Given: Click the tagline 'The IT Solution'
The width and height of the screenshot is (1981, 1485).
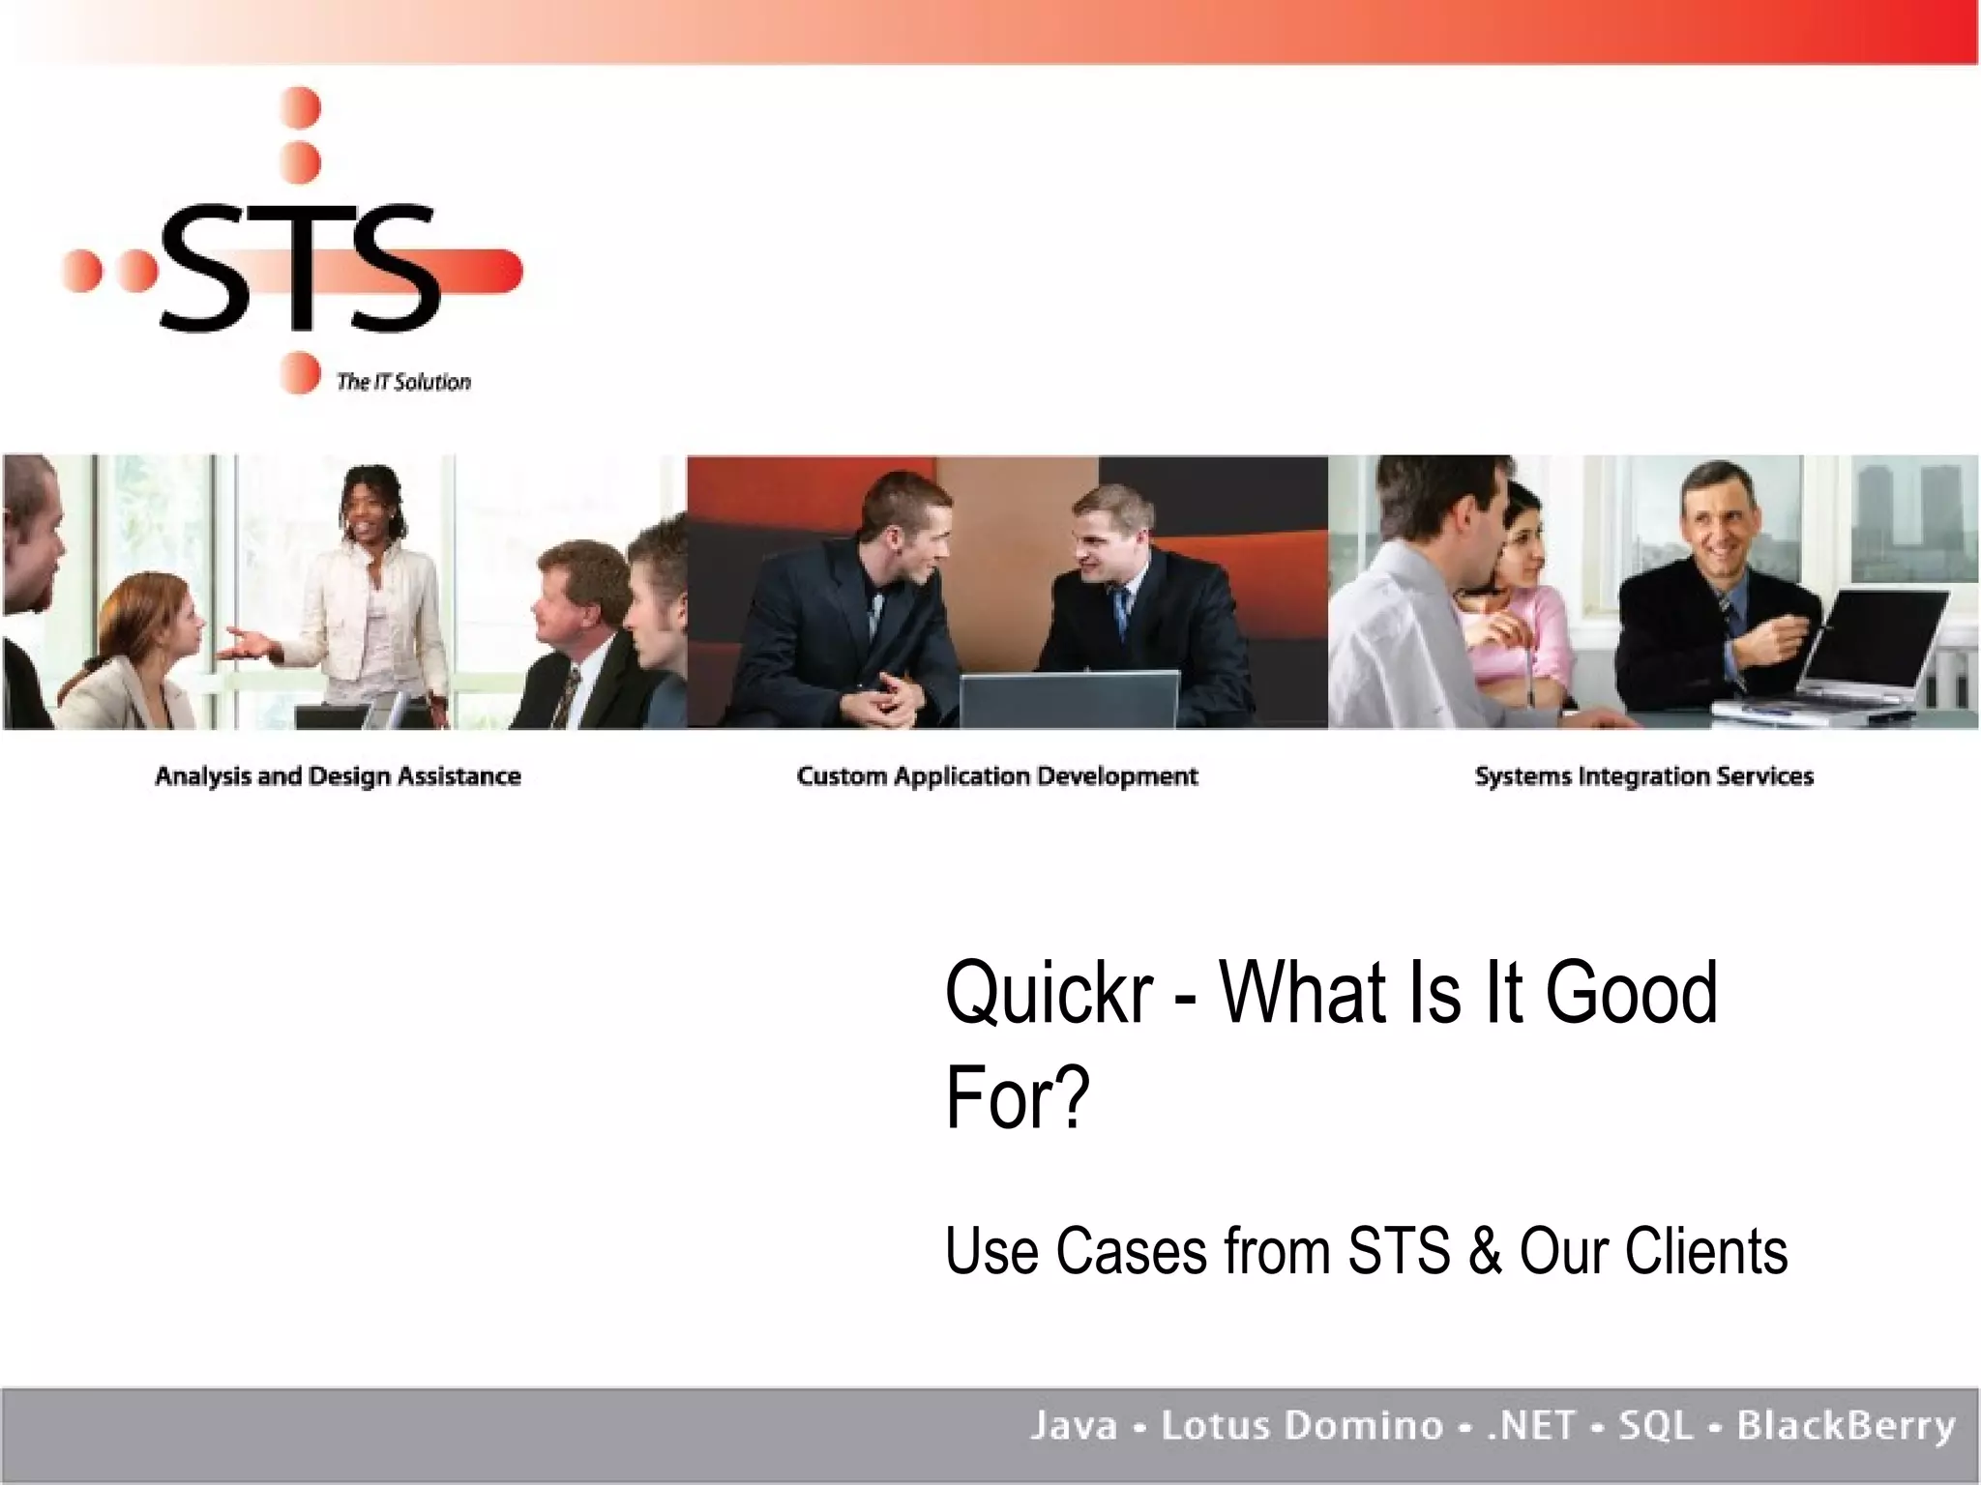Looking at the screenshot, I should click(x=403, y=382).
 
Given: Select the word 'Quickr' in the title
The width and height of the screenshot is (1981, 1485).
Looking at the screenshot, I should click(x=1049, y=993).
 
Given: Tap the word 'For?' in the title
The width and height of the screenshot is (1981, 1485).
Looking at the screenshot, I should click(x=1018, y=1098).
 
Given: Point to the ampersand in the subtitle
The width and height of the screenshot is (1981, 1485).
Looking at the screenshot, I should click(x=1485, y=1252).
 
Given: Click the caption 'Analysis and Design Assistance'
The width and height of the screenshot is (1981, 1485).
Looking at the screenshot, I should click(x=338, y=776).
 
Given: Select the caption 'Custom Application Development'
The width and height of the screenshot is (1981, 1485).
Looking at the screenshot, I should click(x=996, y=776).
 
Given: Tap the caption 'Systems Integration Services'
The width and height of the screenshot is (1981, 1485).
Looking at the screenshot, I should click(x=1643, y=776).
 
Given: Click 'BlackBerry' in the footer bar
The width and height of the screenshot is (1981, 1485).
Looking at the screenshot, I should click(x=1846, y=1426).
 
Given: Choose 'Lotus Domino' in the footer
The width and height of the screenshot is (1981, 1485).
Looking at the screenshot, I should click(x=1302, y=1426).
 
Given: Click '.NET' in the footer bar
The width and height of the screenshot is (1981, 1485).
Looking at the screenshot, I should click(x=1531, y=1426).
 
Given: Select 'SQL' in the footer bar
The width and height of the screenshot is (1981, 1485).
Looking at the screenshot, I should click(x=1655, y=1426).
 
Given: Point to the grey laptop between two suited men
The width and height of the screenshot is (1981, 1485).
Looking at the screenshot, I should click(x=1069, y=701).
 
